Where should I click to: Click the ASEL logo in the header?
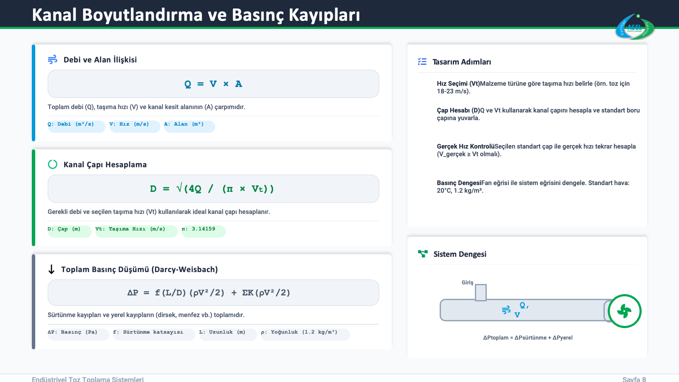(635, 27)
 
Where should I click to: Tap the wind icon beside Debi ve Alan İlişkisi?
(53, 59)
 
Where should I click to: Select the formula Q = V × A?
(213, 84)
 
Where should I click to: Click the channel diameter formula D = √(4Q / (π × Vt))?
(212, 188)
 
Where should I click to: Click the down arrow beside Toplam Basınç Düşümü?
(51, 269)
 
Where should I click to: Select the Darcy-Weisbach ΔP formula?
(208, 292)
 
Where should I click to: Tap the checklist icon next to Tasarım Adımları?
(422, 62)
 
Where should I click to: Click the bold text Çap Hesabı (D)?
(458, 110)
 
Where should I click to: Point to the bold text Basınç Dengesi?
(459, 183)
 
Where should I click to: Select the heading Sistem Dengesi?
(460, 254)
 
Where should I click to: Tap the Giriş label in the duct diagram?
(467, 283)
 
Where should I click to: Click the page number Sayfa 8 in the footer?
(634, 379)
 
